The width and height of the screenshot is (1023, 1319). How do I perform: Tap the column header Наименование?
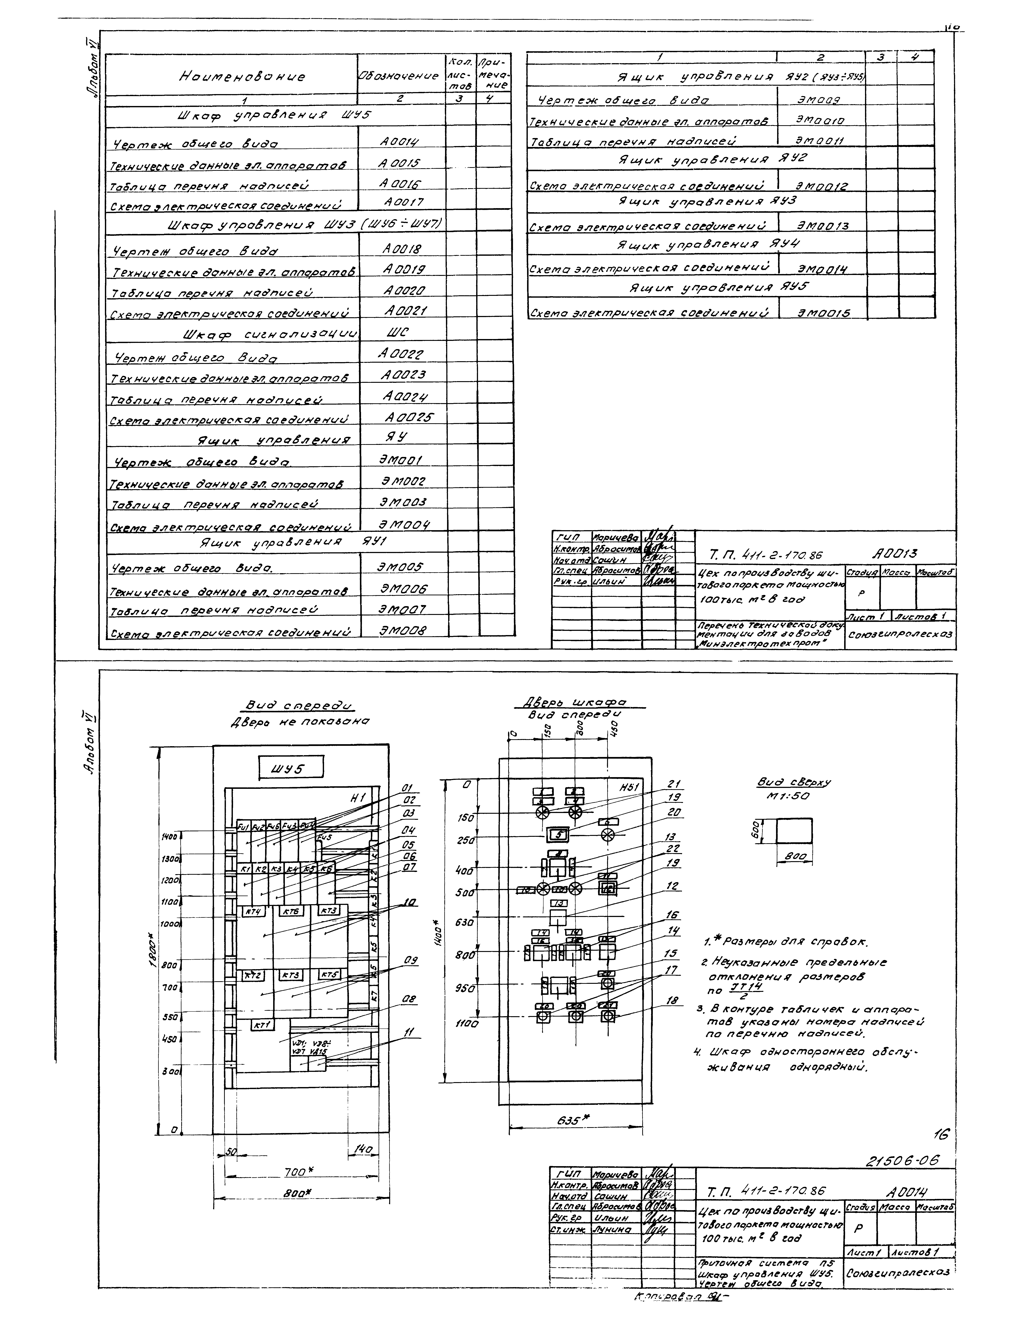point(241,77)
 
